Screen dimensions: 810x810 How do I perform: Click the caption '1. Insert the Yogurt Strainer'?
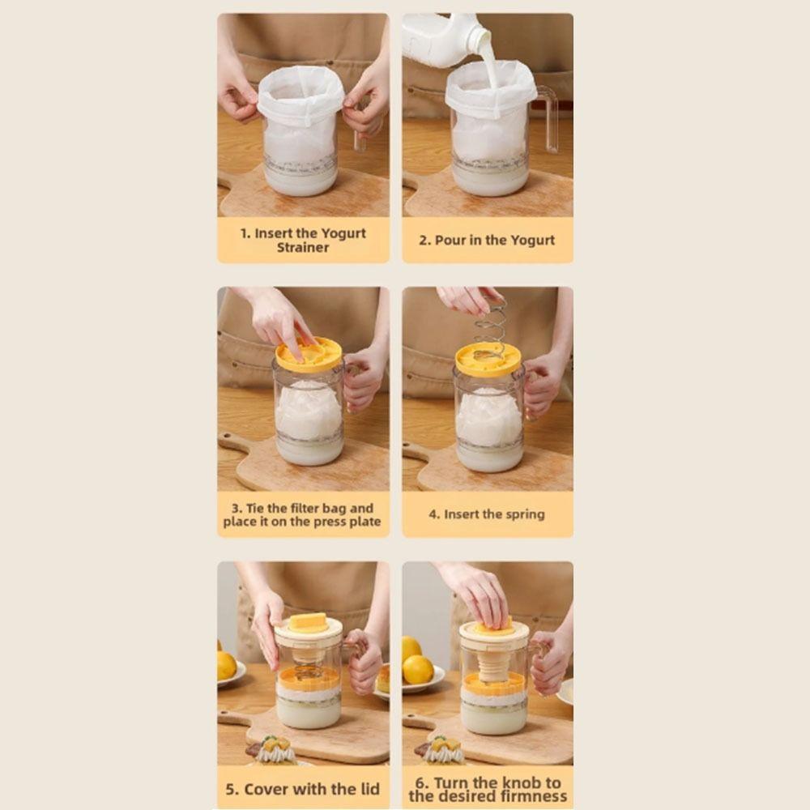click(303, 240)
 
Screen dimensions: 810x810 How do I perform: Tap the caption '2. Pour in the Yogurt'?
click(487, 240)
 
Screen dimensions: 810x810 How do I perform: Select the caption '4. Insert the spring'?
click(486, 514)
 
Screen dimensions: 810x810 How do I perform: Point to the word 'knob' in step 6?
click(523, 782)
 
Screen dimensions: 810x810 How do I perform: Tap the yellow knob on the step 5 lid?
click(309, 622)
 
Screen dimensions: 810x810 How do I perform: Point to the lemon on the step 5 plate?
click(225, 665)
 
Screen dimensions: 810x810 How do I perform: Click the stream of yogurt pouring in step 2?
click(490, 65)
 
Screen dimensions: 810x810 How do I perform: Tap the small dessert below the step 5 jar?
click(276, 750)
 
